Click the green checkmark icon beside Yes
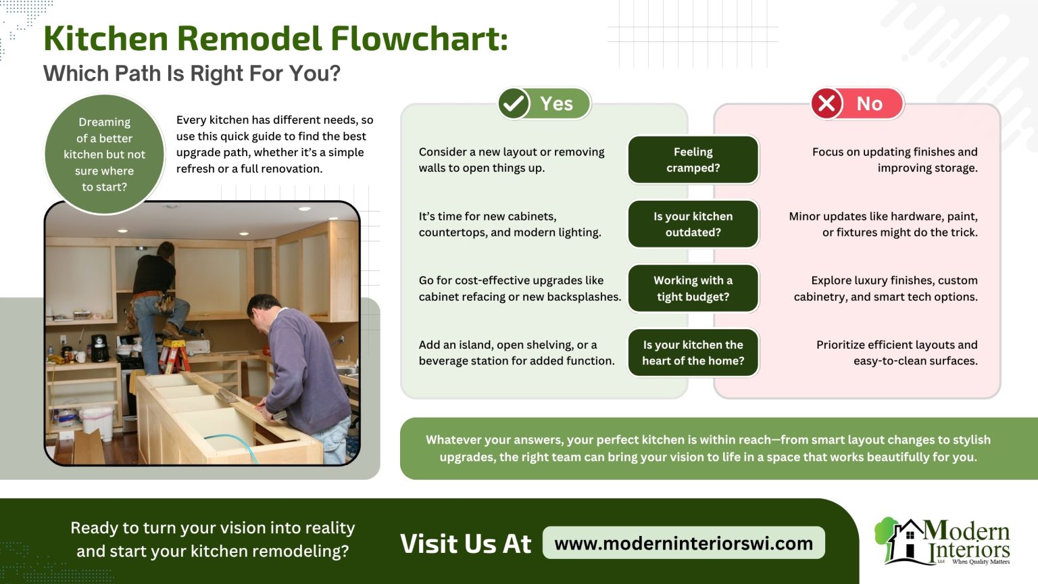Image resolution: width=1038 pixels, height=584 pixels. click(x=514, y=103)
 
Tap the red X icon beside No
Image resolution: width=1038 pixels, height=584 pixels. click(x=826, y=103)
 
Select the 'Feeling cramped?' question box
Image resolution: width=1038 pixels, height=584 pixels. click(x=693, y=160)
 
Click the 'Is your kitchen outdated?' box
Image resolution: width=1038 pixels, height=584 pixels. click(x=693, y=224)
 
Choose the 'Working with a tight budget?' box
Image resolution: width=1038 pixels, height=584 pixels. click(x=693, y=288)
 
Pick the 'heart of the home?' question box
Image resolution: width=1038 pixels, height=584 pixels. click(x=693, y=352)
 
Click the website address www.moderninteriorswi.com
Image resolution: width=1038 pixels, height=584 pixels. click(x=683, y=543)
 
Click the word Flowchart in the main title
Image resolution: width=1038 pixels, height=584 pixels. click(x=419, y=39)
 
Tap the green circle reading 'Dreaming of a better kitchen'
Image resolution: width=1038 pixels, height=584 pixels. click(x=104, y=154)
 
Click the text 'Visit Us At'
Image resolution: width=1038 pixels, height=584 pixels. click(x=466, y=543)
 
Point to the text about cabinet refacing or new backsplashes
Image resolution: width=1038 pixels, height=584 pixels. click(x=519, y=288)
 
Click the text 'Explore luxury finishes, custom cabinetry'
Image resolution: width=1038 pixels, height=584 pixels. click(x=885, y=288)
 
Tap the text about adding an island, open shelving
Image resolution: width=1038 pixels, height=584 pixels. click(x=516, y=352)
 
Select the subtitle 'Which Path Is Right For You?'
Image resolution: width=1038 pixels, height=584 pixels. click(x=192, y=73)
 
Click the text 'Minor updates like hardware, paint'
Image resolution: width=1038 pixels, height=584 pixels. click(x=883, y=224)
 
